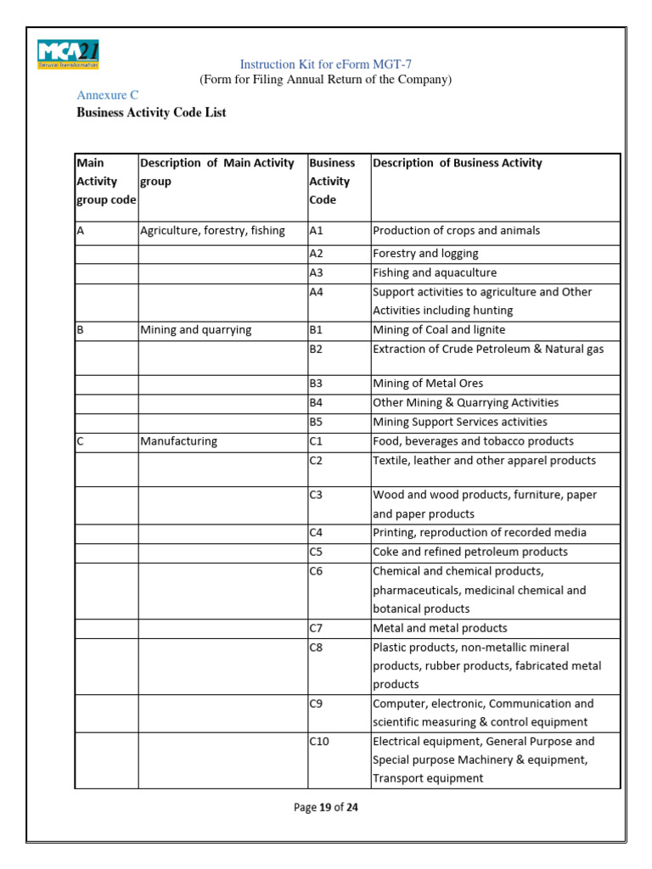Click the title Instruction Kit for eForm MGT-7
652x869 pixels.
click(x=325, y=64)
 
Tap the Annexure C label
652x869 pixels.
click(x=107, y=95)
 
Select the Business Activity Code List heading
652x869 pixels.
click(x=151, y=112)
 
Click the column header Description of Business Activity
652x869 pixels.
click(x=457, y=163)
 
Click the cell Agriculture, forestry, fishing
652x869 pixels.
click(x=212, y=231)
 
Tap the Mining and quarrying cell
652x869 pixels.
click(x=195, y=330)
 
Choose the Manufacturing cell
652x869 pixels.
click(x=178, y=441)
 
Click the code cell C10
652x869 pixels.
click(x=320, y=741)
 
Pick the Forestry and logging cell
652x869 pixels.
click(x=425, y=254)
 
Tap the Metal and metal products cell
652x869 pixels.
click(x=440, y=628)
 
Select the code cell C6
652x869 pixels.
click(x=318, y=571)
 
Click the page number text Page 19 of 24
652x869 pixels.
click(x=326, y=808)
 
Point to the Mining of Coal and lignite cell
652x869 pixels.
click(x=440, y=330)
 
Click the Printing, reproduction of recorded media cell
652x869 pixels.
click(x=480, y=533)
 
